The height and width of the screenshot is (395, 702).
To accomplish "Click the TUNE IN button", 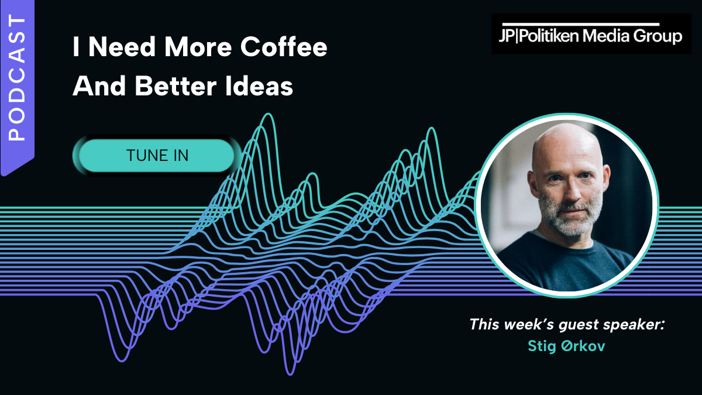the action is tap(157, 156).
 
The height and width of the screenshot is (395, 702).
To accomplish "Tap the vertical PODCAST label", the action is tap(17, 77).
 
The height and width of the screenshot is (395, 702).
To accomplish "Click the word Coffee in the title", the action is tap(284, 47).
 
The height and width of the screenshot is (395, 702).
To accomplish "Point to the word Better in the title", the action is tap(176, 86).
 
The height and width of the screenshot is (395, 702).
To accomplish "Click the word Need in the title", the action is tap(122, 47).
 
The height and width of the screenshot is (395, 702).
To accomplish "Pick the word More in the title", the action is tap(198, 47).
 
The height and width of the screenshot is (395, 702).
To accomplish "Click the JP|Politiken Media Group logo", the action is tap(591, 34).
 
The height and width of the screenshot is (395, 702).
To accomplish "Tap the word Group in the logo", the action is tap(658, 37).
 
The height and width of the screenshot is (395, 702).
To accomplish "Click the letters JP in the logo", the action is tap(507, 36).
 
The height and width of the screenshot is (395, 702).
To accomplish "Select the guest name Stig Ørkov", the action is tap(566, 346).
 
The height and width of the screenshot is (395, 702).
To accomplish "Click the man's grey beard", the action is tap(571, 220).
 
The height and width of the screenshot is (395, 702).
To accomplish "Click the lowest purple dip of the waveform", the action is tap(291, 374).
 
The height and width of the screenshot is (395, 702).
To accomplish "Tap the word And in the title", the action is tap(99, 86).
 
